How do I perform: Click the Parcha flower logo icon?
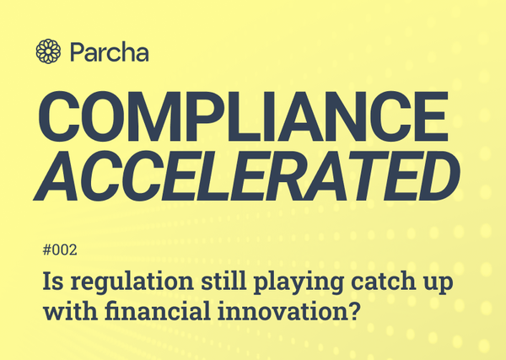pos(48,51)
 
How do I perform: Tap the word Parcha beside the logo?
pos(109,51)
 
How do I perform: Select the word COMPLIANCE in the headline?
pos(245,119)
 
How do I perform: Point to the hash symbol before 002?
pos(46,251)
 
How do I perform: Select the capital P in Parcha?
pos(78,51)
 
